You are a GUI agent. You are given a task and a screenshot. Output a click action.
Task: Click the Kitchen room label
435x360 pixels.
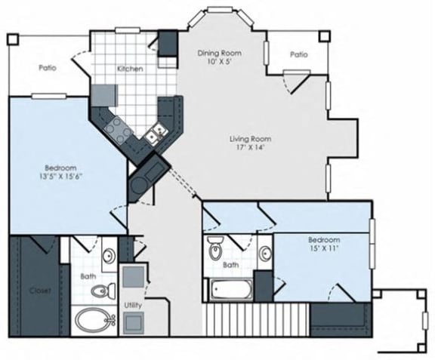[130, 69]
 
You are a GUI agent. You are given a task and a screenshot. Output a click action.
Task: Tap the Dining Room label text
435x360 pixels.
[220, 53]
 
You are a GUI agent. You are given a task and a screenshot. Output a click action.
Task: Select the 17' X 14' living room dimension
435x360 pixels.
[250, 147]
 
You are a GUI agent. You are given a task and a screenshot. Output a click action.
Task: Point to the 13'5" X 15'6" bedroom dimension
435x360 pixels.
[60, 177]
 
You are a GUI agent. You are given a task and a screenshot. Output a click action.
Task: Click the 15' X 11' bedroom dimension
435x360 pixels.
[324, 248]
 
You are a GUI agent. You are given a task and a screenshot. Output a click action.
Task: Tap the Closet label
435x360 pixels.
[40, 291]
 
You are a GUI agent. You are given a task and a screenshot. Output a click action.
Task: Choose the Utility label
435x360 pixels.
[133, 306]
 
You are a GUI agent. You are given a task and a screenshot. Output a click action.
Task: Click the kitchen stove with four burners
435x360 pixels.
[118, 131]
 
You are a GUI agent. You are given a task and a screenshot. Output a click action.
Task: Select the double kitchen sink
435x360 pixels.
[156, 133]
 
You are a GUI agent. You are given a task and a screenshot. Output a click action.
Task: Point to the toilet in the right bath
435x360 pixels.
[215, 248]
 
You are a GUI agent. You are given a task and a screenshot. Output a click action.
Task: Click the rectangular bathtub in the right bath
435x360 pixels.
[231, 289]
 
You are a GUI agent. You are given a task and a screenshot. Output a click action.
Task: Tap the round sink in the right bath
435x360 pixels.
[266, 253]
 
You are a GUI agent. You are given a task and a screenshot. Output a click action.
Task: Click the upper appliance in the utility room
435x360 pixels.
[134, 276]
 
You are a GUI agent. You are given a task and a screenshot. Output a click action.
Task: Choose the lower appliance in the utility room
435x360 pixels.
[134, 323]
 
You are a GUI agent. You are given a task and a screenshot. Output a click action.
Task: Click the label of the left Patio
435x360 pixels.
[48, 68]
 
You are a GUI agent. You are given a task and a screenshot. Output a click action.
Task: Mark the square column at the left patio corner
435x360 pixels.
[13, 39]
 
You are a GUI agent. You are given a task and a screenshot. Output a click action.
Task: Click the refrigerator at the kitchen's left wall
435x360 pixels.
[103, 95]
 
